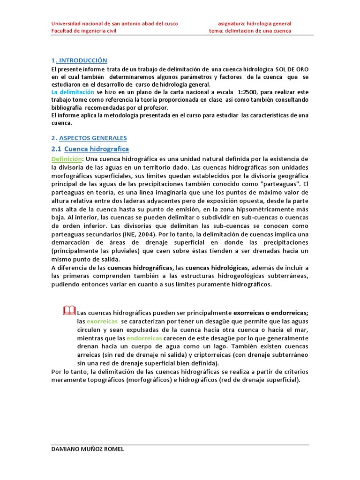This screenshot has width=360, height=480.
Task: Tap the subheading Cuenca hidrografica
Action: (96, 149)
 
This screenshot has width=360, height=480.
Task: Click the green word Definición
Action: (67, 159)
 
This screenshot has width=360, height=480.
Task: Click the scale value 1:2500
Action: (241, 92)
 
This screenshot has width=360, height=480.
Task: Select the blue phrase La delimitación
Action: (73, 92)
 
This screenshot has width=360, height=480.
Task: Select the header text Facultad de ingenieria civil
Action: (83, 31)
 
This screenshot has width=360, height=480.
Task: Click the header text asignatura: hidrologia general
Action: (255, 23)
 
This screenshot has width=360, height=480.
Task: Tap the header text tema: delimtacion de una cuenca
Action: (250, 31)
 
